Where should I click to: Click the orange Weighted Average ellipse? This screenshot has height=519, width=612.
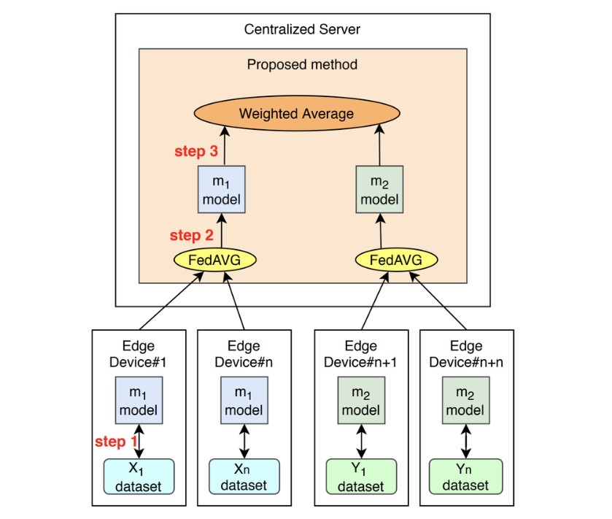tap(296, 114)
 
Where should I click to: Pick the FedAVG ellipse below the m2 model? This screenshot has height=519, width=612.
tap(396, 260)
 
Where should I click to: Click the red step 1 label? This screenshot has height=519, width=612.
tap(115, 442)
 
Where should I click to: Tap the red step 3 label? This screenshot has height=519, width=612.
tap(195, 152)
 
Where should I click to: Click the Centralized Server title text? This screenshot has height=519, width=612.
tap(302, 30)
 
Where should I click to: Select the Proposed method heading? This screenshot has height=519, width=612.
tap(302, 64)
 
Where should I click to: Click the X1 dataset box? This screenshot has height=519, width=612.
tap(139, 476)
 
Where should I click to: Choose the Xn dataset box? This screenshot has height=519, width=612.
tap(244, 476)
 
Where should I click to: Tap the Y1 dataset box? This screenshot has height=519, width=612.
tap(360, 476)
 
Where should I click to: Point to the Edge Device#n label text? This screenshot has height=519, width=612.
tap(244, 353)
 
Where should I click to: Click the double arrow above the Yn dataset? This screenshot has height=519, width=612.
tap(465, 441)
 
